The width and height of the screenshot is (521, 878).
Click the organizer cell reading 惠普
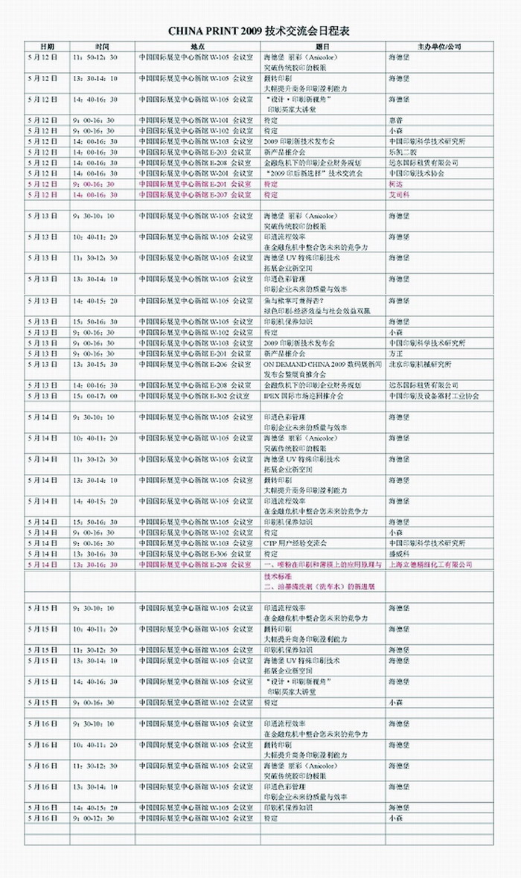coord(395,120)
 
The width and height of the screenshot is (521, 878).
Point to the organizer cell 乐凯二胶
coord(402,152)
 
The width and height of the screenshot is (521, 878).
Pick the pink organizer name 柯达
coord(395,184)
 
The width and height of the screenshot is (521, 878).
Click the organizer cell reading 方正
coord(395,353)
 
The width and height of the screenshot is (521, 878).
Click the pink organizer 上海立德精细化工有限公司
coord(431,565)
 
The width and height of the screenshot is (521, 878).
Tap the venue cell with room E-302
coord(194,396)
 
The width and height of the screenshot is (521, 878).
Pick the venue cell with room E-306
coord(194,554)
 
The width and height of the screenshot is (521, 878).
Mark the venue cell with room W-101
coord(194,120)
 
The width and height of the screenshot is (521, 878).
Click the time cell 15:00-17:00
coord(94,396)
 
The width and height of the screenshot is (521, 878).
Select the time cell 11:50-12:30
coord(94,57)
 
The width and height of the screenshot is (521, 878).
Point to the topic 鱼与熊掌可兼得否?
coord(295,301)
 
